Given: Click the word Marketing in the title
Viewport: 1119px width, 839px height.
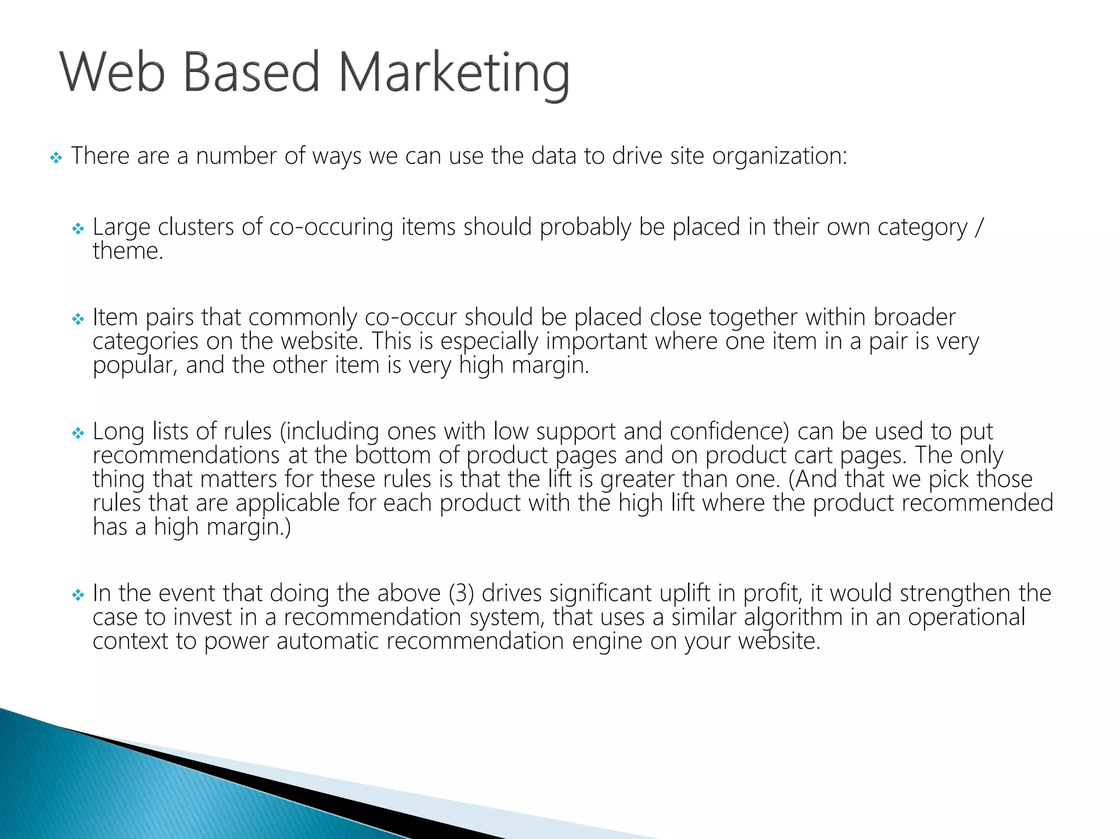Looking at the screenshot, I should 454,73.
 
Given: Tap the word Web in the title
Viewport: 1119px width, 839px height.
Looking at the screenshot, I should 112,72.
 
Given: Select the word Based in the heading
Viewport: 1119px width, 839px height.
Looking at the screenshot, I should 251,72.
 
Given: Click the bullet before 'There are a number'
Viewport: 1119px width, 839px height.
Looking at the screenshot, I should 56,158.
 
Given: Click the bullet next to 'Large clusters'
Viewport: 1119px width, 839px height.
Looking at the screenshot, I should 78,229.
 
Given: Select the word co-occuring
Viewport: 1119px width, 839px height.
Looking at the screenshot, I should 331,227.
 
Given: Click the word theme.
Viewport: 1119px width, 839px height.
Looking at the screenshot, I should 128,251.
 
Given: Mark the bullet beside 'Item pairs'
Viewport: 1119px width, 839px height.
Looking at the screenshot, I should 78,319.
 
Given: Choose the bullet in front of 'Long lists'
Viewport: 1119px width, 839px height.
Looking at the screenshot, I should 78,433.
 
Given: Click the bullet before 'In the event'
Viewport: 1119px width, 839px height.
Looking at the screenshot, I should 78,595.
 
